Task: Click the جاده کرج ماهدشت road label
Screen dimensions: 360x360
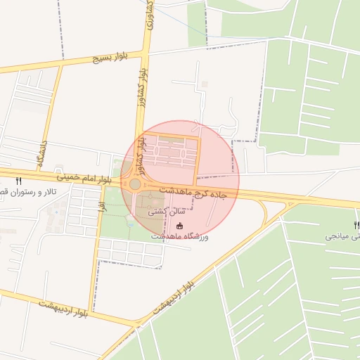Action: click(200, 191)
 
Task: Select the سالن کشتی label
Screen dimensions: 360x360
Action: click(162, 210)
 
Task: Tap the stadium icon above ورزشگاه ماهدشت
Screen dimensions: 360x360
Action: click(179, 226)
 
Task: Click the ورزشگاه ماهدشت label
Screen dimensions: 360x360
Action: click(179, 238)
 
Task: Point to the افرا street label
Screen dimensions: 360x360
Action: click(102, 205)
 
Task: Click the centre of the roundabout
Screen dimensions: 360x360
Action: click(134, 184)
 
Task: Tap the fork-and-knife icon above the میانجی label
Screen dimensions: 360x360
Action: click(356, 225)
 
